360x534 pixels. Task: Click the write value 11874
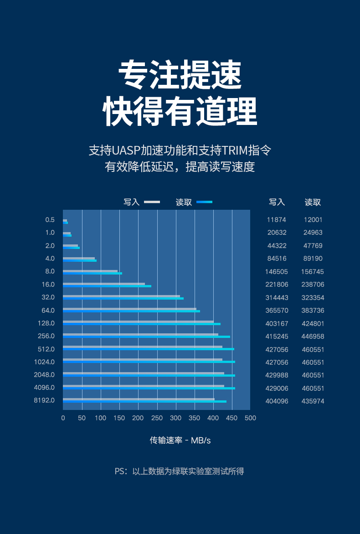276,220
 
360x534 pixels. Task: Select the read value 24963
313,233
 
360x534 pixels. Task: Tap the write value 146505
276,272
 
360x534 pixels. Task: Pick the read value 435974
313,401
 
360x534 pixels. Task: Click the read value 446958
313,337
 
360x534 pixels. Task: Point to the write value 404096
276,401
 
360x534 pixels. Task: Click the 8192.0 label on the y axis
45,400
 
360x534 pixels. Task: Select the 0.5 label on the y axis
50,220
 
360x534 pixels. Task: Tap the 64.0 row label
48,311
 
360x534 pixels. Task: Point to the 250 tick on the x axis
157,418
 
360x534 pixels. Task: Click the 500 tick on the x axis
250,418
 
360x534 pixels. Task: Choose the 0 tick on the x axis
63,418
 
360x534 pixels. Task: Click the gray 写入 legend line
152,202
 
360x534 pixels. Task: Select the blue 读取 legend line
205,202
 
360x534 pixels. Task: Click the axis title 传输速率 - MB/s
180,441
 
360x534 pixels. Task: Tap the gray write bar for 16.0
104,284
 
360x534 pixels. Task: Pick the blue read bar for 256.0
146,337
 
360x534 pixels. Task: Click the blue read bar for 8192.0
144,402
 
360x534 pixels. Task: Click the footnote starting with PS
179,471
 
